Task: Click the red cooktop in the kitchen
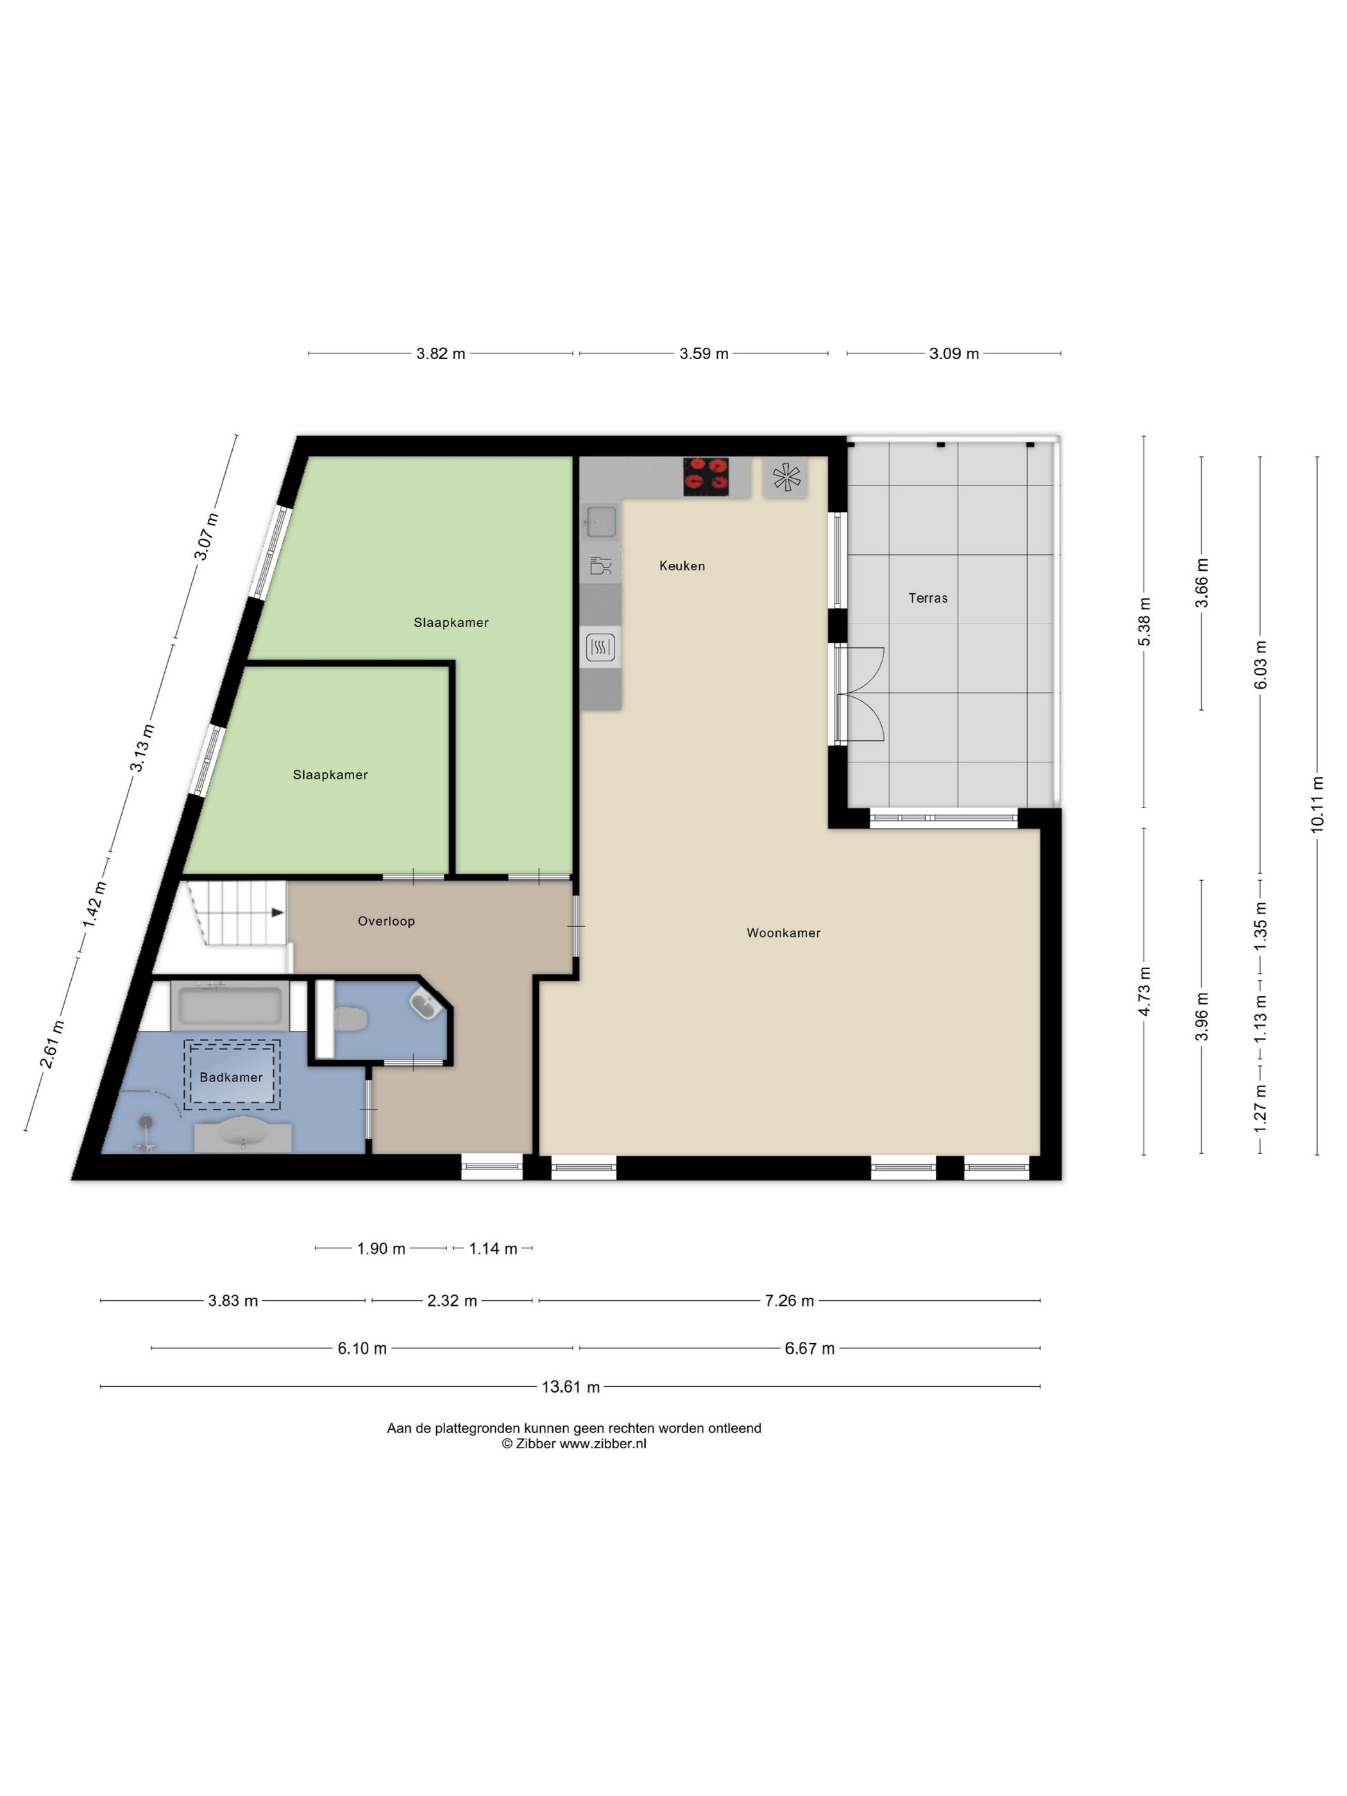(705, 477)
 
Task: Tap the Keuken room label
(682, 566)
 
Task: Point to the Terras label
(928, 598)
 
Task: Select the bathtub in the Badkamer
(230, 1006)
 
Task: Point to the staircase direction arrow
(278, 913)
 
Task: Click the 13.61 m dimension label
(571, 1387)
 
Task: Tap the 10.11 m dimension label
(1317, 804)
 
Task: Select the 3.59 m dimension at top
(704, 353)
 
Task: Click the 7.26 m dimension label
(789, 1301)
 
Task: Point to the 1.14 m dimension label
(493, 1249)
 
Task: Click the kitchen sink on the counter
(601, 521)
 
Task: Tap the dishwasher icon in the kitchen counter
(601, 566)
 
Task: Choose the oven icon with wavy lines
(600, 647)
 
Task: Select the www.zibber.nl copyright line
(574, 1444)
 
